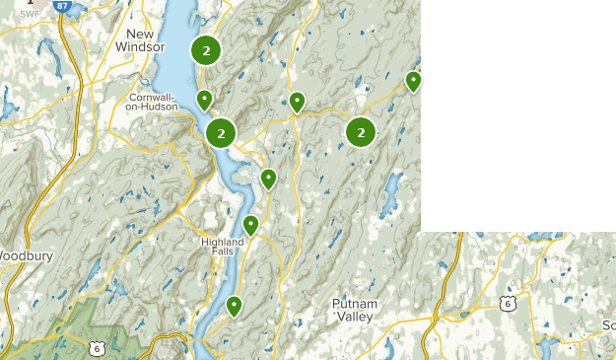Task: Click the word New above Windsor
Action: (x=140, y=33)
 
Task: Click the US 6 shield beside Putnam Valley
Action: (x=507, y=304)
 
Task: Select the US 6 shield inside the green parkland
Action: (x=97, y=348)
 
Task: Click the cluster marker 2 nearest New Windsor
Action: (x=205, y=50)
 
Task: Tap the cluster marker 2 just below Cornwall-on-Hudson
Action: (x=221, y=132)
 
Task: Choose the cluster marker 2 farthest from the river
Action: (x=362, y=132)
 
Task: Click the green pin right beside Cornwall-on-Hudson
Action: (x=204, y=100)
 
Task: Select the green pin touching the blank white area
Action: (x=414, y=81)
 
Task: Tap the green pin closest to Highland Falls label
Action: (x=250, y=225)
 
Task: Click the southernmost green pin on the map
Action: (x=234, y=306)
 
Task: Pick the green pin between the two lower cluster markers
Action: (x=296, y=102)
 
